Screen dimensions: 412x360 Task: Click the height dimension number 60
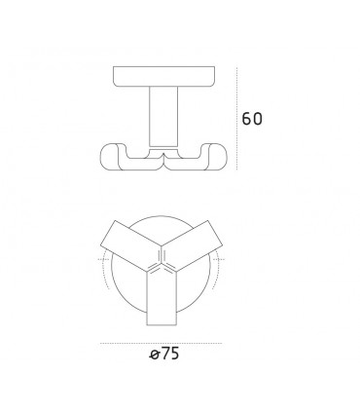click(x=252, y=119)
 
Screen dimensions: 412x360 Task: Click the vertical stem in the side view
click(x=163, y=116)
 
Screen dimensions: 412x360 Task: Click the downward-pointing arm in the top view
click(x=163, y=297)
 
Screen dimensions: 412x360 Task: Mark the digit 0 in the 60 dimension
click(x=259, y=119)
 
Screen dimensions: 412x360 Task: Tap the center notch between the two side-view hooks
click(x=163, y=154)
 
